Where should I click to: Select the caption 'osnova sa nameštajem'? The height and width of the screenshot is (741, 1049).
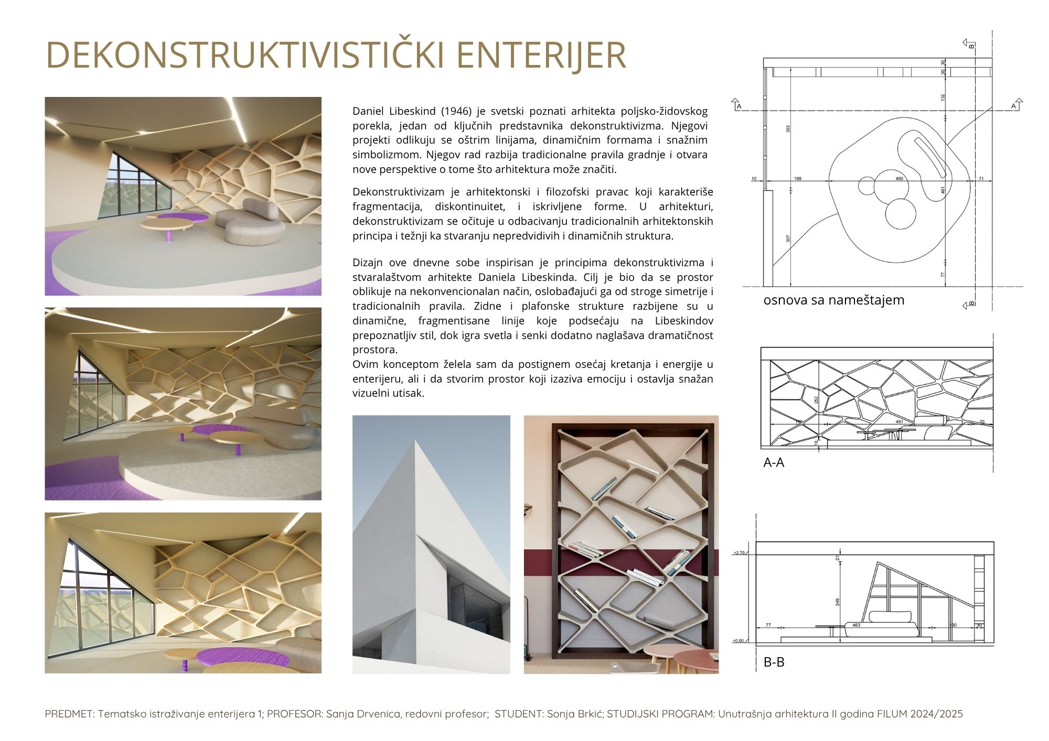point(833,300)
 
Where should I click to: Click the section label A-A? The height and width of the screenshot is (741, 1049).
point(774,463)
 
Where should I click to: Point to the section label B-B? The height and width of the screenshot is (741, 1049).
point(774,662)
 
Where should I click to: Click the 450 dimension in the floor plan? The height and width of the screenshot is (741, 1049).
point(899,179)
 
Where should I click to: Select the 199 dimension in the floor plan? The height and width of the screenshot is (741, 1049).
point(797,179)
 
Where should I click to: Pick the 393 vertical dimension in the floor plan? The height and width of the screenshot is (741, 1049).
point(788,128)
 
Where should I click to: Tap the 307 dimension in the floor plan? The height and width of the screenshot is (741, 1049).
point(788,238)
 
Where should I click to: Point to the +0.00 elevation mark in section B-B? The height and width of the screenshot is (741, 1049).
point(738,641)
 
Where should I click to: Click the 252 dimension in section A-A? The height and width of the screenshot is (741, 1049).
point(816,399)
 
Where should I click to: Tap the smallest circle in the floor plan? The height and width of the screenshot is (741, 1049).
point(866,185)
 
